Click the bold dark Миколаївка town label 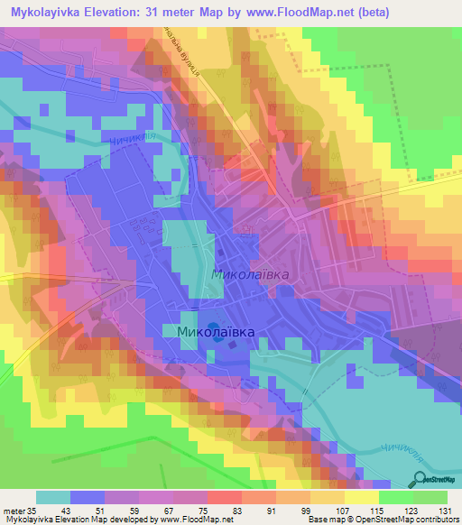pyautogui.click(x=210, y=333)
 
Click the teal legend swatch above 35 pyautogui.click(x=53, y=496)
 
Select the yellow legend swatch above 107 pyautogui.click(x=355, y=496)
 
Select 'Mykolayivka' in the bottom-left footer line pyautogui.click(x=30, y=520)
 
